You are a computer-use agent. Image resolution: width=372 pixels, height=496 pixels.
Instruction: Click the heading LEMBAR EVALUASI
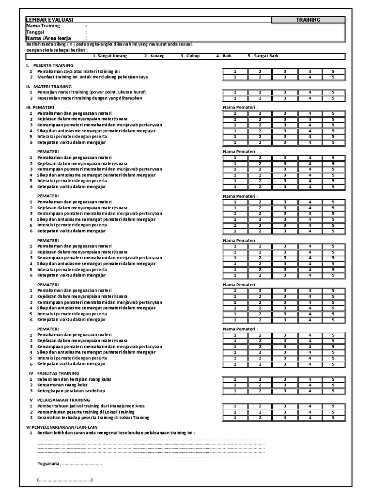49,20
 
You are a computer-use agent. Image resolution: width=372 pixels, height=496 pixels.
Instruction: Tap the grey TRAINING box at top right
308,20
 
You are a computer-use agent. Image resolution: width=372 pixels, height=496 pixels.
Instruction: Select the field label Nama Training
44,26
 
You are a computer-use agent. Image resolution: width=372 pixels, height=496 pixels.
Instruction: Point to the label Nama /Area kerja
48,38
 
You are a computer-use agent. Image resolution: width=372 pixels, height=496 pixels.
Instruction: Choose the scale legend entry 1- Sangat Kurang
110,56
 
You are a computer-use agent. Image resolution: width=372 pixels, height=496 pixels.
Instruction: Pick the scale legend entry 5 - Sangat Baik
263,56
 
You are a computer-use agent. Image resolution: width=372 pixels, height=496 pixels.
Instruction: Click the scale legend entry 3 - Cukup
189,56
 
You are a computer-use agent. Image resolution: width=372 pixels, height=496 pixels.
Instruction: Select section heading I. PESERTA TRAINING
50,65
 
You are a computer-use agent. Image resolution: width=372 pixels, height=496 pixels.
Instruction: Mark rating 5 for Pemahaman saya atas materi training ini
333,71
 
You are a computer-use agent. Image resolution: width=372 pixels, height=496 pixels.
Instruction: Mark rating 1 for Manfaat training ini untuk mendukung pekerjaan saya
235,77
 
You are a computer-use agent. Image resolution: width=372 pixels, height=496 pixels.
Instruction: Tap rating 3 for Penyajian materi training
284,92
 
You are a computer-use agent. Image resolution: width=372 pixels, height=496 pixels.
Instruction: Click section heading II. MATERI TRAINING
49,86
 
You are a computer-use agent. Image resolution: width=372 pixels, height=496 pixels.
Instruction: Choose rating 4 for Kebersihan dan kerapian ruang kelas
309,379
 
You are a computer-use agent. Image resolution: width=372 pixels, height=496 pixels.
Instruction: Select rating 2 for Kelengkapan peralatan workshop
259,391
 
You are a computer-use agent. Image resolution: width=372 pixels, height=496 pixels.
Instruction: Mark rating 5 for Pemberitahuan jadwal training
333,406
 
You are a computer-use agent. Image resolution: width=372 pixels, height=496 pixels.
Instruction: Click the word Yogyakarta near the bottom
48,464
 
